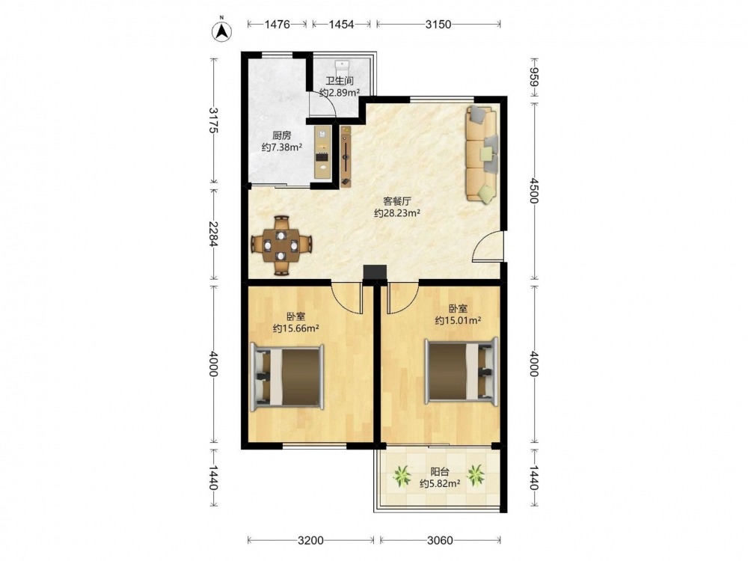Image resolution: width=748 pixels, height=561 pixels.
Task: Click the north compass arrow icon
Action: (221, 31)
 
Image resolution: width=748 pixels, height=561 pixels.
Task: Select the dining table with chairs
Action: (281, 245)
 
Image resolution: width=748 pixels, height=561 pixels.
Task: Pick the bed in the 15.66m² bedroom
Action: (287, 377)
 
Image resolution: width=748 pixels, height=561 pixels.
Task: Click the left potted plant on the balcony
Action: (402, 476)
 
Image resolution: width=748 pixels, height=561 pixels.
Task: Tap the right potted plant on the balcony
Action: (476, 475)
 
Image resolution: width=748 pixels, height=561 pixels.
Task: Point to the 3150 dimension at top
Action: (438, 24)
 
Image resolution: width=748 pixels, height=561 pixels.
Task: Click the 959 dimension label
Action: (533, 77)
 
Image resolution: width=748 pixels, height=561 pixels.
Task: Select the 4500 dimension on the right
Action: (533, 191)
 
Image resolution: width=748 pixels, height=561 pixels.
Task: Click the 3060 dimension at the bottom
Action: (440, 541)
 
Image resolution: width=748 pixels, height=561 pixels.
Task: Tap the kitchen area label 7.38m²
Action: (282, 147)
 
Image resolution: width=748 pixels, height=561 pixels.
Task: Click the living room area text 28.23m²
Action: (397, 213)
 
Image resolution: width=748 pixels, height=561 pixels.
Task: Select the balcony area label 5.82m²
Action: (440, 484)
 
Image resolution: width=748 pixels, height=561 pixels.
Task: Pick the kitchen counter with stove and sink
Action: (323, 153)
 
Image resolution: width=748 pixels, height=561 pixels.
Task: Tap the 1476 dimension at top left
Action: (278, 24)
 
